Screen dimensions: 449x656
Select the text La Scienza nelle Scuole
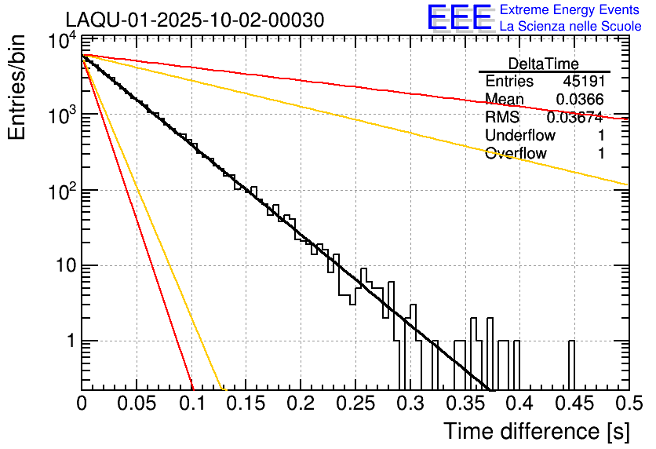[x=570, y=27]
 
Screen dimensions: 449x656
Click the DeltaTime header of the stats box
[x=544, y=64]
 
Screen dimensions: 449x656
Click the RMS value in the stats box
[x=574, y=118]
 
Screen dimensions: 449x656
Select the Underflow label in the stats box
[x=520, y=136]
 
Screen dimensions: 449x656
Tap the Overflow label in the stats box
[x=516, y=154]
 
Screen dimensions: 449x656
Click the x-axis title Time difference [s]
[x=535, y=431]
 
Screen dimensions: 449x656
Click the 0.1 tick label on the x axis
[x=191, y=404]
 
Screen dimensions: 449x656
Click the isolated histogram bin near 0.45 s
[x=571, y=365]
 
